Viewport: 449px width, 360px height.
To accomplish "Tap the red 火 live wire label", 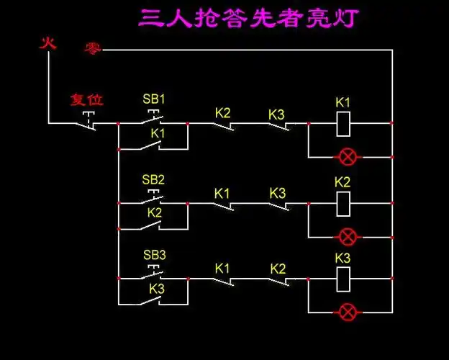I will click(x=47, y=44).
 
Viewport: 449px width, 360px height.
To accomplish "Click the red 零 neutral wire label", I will click(x=93, y=48).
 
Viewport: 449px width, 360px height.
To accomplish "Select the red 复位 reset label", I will click(x=86, y=99).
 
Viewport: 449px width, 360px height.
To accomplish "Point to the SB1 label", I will click(x=154, y=99).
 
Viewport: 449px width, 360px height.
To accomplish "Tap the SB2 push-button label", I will click(x=153, y=179).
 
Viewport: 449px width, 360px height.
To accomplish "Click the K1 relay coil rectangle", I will click(x=343, y=123).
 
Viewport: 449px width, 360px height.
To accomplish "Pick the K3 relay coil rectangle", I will click(x=343, y=278).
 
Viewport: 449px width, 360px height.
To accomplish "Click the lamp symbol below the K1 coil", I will click(x=348, y=156).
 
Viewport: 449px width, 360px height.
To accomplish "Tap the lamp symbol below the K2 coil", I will click(x=348, y=235).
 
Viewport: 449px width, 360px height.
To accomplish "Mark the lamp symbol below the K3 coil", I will click(x=348, y=311).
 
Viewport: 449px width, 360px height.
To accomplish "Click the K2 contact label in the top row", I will click(x=223, y=113).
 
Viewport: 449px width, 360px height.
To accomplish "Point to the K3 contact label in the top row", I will click(x=277, y=114).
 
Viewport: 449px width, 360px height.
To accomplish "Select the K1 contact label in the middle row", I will click(x=222, y=193).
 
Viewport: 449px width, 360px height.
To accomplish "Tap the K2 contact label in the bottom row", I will click(x=278, y=269).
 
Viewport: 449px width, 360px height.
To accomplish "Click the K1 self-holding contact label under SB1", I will click(x=158, y=134).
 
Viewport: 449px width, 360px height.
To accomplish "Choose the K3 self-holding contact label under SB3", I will click(x=158, y=288).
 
